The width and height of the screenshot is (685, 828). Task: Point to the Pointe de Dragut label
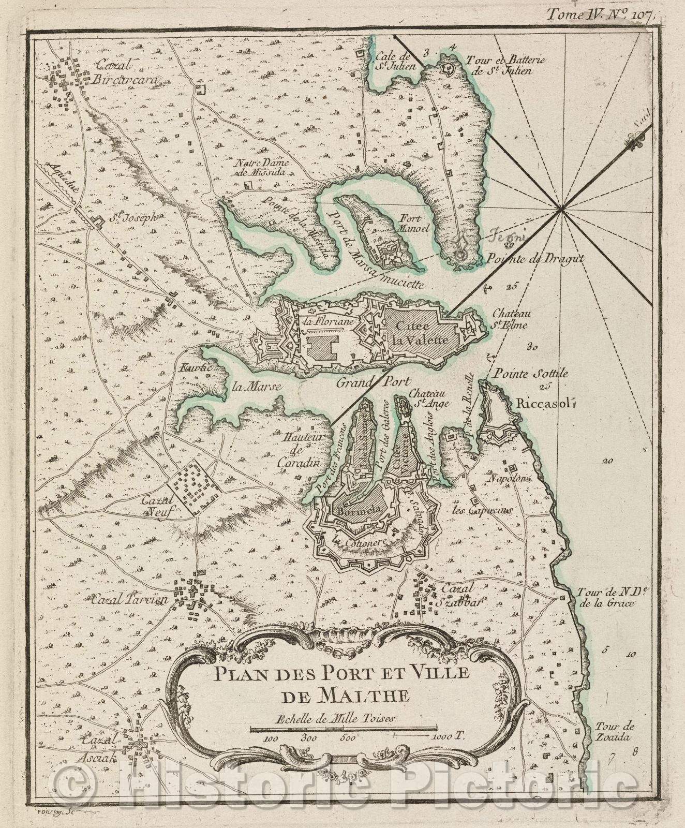click(526, 259)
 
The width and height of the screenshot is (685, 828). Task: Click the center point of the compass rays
click(562, 210)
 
